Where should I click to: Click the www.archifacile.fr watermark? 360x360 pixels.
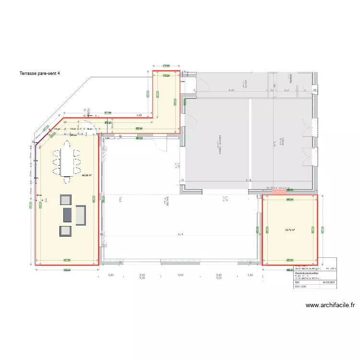click(x=331, y=305)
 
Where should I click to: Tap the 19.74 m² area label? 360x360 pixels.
click(x=290, y=230)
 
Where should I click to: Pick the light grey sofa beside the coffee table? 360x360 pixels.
click(x=81, y=215)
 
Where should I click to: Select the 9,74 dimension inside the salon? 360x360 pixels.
click(x=180, y=235)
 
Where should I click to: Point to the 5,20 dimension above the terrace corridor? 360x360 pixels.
click(x=139, y=116)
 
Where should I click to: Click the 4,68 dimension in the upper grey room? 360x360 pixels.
click(x=231, y=90)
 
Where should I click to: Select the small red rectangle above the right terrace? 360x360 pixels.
click(x=278, y=192)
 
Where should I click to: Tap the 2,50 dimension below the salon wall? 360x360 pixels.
click(x=180, y=275)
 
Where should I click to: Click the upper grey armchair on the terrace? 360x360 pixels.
click(x=65, y=200)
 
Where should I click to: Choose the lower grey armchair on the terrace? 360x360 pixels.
click(x=65, y=231)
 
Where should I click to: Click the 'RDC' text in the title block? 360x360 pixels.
click(x=297, y=282)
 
